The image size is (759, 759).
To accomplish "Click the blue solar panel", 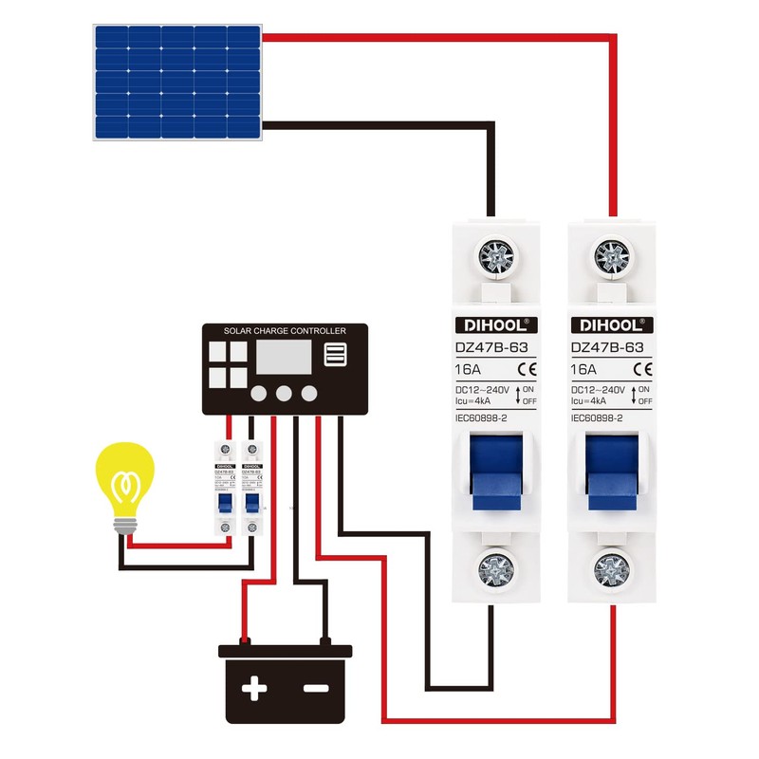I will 176,83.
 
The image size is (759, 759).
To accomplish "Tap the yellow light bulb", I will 124,479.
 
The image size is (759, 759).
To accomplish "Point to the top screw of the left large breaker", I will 495,256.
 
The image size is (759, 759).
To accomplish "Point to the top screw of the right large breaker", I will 611,256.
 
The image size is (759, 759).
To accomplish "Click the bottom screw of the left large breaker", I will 495,569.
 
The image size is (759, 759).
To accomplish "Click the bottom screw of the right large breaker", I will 611,569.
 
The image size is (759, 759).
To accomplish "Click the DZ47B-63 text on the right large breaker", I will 607,348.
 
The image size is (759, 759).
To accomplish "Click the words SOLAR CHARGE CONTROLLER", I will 285,331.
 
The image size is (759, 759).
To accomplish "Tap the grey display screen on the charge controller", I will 282,359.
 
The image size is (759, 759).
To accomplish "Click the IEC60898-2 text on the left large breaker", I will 485,418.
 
